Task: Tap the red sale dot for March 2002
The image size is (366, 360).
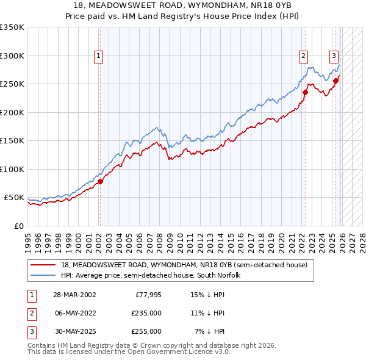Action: (x=101, y=181)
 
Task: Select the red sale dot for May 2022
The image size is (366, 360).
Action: (x=304, y=93)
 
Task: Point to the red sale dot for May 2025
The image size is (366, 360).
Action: (x=335, y=80)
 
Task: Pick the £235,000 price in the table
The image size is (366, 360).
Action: (x=146, y=313)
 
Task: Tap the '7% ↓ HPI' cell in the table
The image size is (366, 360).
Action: (x=210, y=331)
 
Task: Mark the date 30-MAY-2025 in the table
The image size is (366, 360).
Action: (x=74, y=331)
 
